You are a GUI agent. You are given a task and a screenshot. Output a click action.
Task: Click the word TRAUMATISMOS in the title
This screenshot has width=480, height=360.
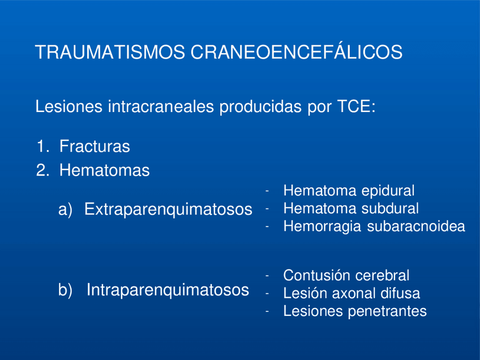(x=110, y=52)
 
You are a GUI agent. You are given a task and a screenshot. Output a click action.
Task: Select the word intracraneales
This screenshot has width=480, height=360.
(x=161, y=106)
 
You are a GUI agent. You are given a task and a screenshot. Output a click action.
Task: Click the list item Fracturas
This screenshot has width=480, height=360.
(x=95, y=146)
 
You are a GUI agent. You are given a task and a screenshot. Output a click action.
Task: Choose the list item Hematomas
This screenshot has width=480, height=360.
(x=104, y=170)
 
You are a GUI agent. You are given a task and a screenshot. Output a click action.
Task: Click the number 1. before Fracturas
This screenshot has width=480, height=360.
(x=42, y=146)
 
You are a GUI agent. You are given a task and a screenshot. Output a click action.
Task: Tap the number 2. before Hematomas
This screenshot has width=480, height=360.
(x=42, y=170)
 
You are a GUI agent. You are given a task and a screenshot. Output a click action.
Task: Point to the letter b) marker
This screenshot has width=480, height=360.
(x=65, y=290)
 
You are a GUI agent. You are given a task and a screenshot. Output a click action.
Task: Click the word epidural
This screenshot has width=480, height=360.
(x=388, y=191)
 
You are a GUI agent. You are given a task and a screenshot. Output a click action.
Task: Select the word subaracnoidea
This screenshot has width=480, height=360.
(x=416, y=226)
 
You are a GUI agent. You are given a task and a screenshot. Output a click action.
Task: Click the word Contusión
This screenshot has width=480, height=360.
(x=316, y=275)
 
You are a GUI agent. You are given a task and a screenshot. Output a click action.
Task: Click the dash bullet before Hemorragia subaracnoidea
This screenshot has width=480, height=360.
(x=267, y=227)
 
